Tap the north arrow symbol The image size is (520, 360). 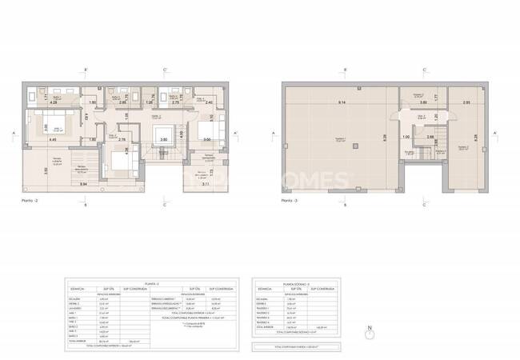[x=368, y=330]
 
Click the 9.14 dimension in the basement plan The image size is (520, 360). [x=342, y=102]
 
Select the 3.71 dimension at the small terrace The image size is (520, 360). [x=206, y=185]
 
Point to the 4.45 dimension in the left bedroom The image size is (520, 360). [x=53, y=140]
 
